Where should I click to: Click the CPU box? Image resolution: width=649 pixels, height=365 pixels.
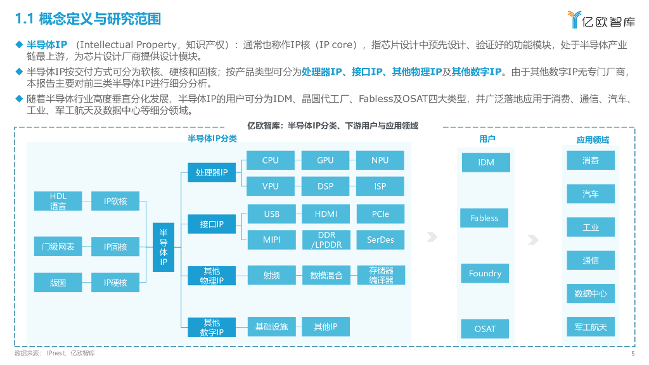coord(270,160)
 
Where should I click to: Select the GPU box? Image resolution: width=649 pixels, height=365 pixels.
coord(325,160)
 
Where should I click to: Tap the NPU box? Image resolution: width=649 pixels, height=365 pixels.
coord(380,160)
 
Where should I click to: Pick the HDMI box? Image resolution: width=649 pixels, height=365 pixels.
coord(326,214)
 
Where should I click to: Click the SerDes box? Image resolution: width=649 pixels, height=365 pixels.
coord(380,240)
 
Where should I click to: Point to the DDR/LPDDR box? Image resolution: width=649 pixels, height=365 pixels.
coord(326,240)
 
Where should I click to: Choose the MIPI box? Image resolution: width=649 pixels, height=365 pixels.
coord(271,240)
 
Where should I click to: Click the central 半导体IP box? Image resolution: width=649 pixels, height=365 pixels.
coord(164,247)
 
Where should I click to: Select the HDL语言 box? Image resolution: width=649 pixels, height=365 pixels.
coord(58,201)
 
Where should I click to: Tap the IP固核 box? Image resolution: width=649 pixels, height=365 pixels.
coord(115,247)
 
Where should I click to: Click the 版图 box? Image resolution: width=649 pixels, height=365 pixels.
coord(58,283)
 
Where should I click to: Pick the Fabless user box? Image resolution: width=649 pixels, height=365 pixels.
coord(485,218)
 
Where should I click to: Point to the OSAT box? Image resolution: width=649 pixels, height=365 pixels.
coord(485,329)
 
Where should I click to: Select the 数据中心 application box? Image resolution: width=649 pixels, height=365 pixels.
coord(590,293)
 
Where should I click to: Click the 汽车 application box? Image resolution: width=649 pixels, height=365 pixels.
coord(590,194)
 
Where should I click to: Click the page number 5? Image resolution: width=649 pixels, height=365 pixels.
coord(633,354)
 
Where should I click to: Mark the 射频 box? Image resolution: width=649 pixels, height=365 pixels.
coord(271,275)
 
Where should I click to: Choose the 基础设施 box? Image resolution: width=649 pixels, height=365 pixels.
coord(271,327)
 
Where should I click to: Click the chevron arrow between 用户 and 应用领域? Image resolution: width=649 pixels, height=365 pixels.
coord(534,240)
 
